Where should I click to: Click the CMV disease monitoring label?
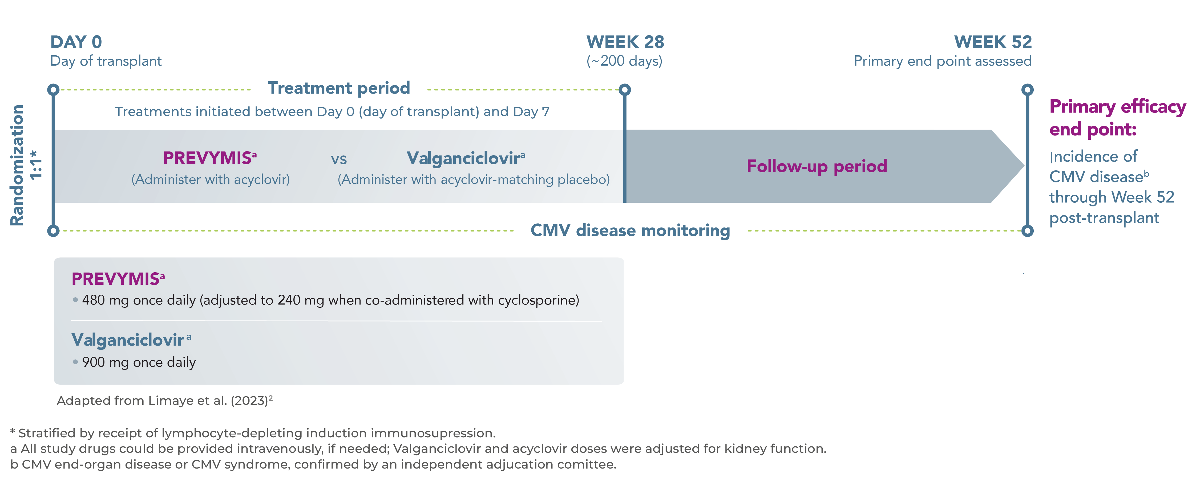click(x=630, y=230)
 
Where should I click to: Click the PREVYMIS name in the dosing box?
click(x=116, y=279)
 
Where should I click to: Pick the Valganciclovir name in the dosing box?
click(x=128, y=340)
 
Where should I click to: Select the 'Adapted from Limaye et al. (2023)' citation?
click(x=164, y=401)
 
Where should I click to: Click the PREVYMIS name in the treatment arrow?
click(x=207, y=158)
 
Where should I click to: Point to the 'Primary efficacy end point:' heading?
click(x=1117, y=118)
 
